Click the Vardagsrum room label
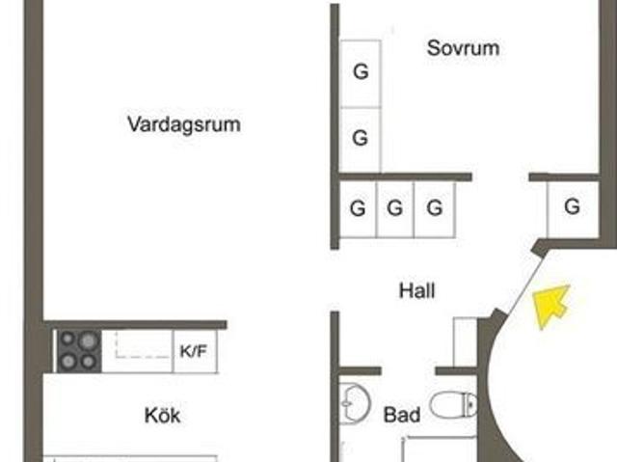(x=184, y=124)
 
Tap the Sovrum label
(x=463, y=48)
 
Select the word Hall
(x=417, y=291)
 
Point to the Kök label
(x=163, y=415)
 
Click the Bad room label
(x=402, y=415)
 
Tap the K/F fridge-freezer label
(x=193, y=351)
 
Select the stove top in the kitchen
(x=79, y=351)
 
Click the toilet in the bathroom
(x=453, y=404)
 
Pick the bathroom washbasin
(x=355, y=403)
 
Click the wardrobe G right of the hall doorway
(x=572, y=206)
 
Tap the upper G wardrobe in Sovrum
(x=361, y=72)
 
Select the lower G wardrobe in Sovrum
(x=361, y=139)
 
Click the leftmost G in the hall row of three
(x=358, y=208)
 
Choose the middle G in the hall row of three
(x=394, y=208)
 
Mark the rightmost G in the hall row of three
(x=435, y=208)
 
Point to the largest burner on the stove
(x=88, y=341)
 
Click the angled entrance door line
(x=525, y=283)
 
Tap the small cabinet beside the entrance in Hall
(x=465, y=341)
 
